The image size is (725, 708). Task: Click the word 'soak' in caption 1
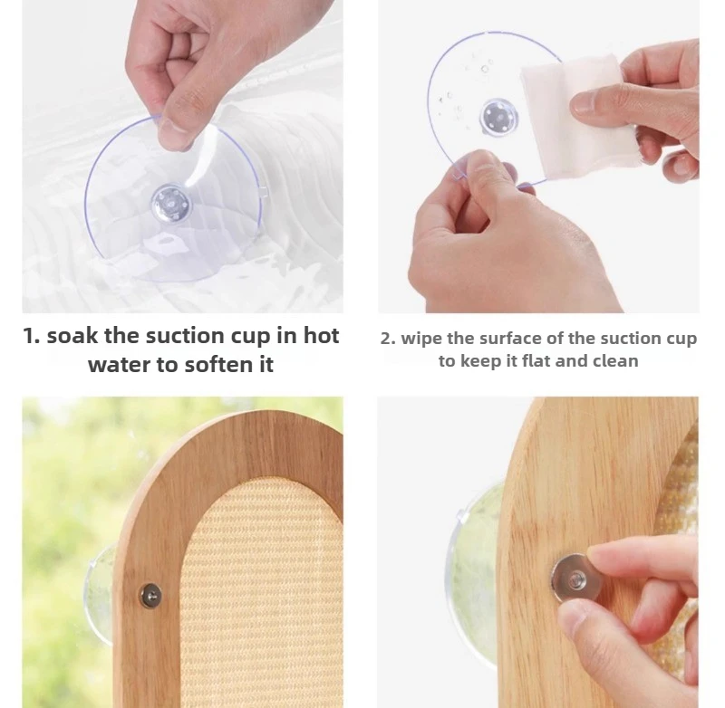point(72,335)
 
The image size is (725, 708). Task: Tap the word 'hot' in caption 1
point(321,335)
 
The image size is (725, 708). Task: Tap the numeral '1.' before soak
point(32,336)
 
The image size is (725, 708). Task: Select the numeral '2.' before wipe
point(388,339)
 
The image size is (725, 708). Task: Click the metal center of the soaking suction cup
point(170,203)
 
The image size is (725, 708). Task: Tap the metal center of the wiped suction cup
point(498,117)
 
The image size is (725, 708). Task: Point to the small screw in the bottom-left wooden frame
point(150,595)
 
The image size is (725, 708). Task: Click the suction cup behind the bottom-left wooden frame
point(100,595)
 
